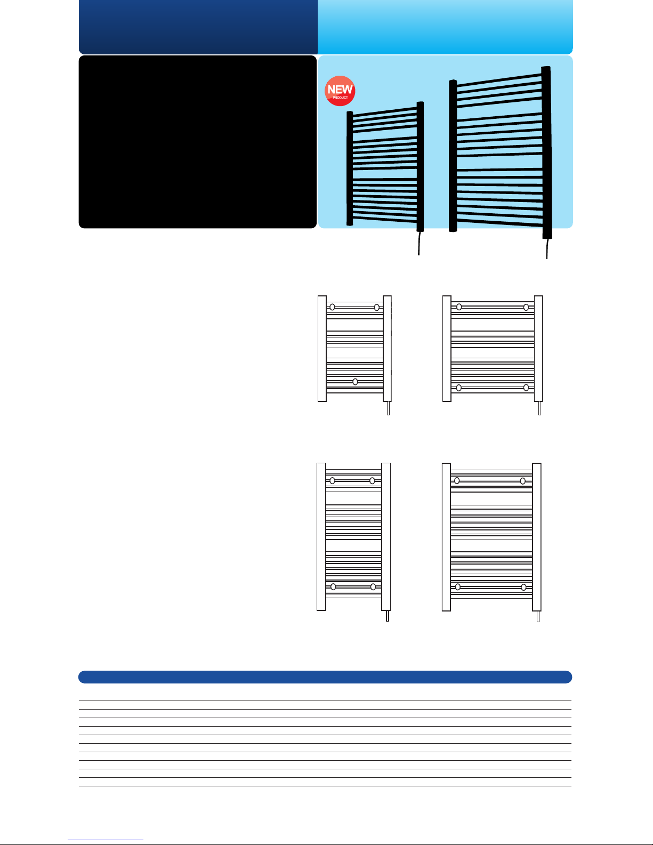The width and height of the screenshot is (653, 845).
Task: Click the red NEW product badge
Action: tap(340, 91)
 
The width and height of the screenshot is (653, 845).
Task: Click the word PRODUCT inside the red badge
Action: tap(340, 98)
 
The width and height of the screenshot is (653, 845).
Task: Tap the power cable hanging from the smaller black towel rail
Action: tap(419, 244)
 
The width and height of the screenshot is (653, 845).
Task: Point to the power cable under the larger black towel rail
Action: tap(547, 249)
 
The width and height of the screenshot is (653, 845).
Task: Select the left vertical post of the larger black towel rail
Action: tap(453, 156)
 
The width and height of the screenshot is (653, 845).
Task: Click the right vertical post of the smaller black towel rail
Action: tap(420, 166)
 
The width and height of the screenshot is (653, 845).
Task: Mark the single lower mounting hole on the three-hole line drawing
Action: tap(355, 382)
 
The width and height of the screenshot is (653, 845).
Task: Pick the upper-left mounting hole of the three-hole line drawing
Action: tap(332, 307)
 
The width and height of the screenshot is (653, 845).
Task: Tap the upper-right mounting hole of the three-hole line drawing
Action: tap(377, 308)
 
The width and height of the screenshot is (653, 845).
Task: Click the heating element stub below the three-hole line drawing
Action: tap(388, 408)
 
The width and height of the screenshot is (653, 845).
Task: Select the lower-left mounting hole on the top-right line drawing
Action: tap(459, 388)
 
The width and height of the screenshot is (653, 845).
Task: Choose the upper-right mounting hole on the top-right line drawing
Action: tap(526, 307)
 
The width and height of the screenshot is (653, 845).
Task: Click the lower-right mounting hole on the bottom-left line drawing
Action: tap(373, 587)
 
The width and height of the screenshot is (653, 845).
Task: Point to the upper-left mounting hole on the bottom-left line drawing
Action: tap(332, 481)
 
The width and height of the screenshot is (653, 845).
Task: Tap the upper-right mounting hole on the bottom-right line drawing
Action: tap(523, 481)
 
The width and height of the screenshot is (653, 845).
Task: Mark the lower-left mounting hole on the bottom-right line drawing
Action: tap(458, 587)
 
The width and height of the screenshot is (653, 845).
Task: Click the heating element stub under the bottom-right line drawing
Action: tap(538, 616)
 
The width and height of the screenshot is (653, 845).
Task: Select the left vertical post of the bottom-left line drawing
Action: tap(321, 537)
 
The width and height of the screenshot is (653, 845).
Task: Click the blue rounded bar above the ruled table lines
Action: tap(325, 677)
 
